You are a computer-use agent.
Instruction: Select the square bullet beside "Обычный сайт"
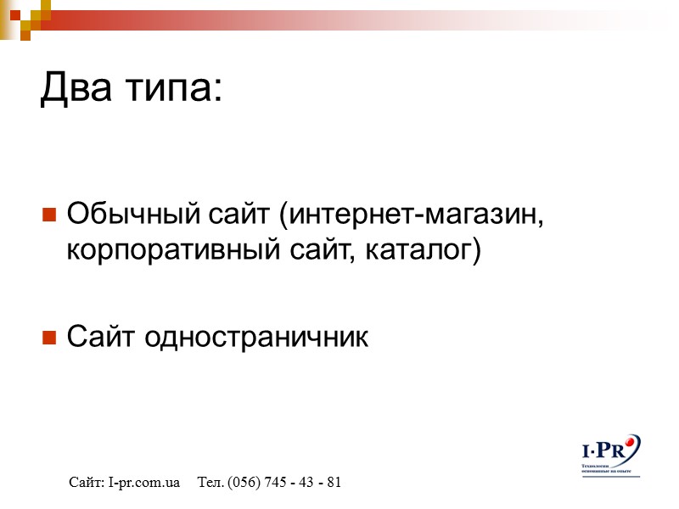(x=49, y=213)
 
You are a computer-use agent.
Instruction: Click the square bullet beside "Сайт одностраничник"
(x=49, y=338)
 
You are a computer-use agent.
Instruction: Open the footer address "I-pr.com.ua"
(x=144, y=483)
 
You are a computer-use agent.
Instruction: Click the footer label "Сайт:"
(x=87, y=483)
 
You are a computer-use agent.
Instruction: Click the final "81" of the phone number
(x=334, y=483)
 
